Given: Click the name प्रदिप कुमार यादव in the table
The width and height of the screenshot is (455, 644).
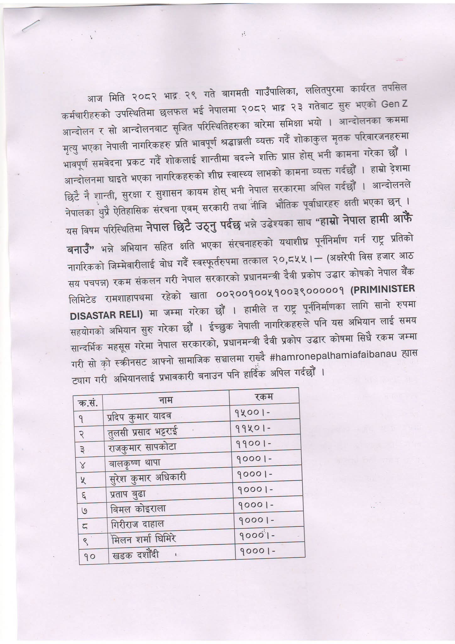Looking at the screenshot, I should coord(138,416).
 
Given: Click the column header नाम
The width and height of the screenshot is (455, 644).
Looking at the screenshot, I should coord(166,400).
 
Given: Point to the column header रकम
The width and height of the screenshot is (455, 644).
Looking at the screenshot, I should coord(263,397).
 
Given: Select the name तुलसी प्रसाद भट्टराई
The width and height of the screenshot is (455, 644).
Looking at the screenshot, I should coord(141,431).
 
